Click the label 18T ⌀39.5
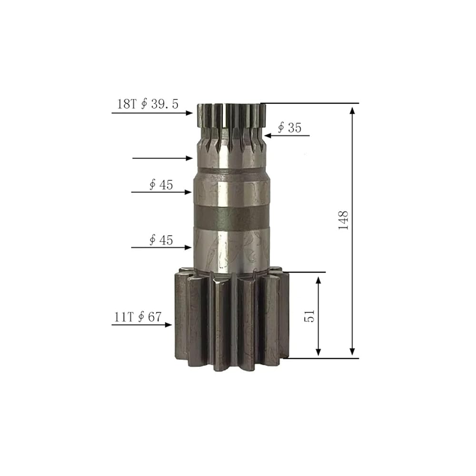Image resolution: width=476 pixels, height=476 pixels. point(148,104)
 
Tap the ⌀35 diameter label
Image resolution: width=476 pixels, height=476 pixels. point(290,128)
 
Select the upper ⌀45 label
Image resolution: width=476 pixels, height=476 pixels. point(161,185)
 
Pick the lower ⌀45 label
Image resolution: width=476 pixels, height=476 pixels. point(161,240)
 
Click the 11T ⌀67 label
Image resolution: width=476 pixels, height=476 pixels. point(138,317)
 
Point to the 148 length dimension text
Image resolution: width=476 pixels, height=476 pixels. point(343,220)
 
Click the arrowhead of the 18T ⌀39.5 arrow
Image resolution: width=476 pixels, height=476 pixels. point(189,113)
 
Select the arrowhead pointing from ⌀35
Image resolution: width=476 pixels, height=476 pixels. point(268,135)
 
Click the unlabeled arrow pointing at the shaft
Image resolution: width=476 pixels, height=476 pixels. point(162,158)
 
